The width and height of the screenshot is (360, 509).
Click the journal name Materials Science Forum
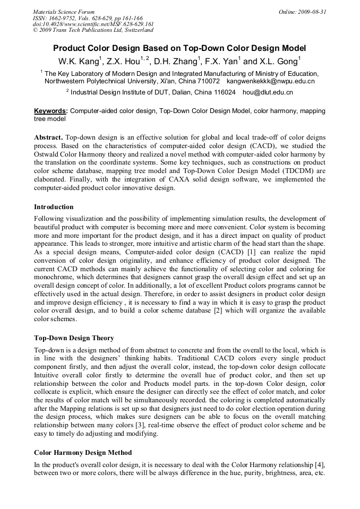pyautogui.click(x=64, y=11)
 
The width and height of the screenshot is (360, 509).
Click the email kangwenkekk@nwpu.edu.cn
pyautogui.click(x=271, y=82)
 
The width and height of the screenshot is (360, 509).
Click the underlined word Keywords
pyautogui.click(x=50, y=111)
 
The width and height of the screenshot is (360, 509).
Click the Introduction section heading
pyautogui.click(x=54, y=207)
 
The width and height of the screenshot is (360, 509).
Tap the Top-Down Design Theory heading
pyautogui.click(x=74, y=338)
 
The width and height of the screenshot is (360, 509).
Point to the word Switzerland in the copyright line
pyautogui.click(x=136, y=30)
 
